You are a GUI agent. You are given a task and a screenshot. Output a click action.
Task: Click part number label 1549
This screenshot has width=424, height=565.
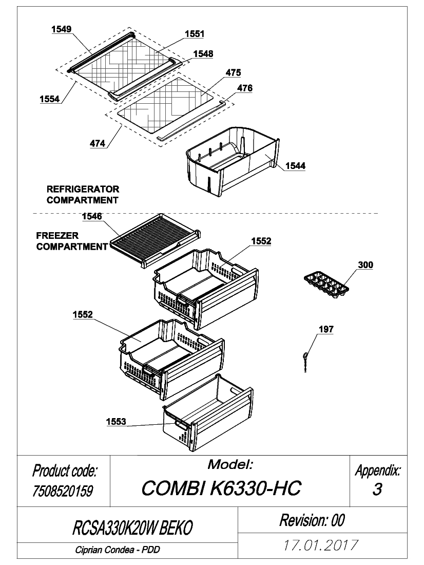pos(61,29)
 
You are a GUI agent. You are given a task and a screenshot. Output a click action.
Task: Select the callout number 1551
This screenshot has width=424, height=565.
pos(195,34)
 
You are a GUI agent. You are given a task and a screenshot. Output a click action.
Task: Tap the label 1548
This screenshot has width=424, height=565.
pos(203,54)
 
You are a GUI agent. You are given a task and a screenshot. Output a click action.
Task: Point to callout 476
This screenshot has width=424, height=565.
pos(245,88)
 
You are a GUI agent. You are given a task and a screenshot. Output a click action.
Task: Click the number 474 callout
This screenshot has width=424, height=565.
pos(97,143)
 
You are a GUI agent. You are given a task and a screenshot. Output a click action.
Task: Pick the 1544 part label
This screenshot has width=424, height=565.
pos(295,166)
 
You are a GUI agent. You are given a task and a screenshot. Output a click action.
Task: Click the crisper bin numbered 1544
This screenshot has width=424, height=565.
pos(233,160)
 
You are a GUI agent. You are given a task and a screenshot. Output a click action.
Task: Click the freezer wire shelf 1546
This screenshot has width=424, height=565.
pos(155,240)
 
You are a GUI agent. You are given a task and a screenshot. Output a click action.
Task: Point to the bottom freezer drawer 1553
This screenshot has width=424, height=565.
pos(208,412)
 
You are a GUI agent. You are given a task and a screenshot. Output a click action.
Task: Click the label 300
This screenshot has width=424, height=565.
pos(365,265)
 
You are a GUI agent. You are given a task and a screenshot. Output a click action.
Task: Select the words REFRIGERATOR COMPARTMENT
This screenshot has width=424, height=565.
pos(83,195)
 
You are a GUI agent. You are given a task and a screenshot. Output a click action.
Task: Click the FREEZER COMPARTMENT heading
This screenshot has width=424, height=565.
pos(72,241)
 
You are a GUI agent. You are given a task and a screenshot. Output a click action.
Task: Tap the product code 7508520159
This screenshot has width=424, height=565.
pos(63,491)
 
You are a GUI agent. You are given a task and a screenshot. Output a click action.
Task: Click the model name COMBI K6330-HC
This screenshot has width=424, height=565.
pos(221,488)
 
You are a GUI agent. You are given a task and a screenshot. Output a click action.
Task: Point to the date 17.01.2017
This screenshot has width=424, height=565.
pos(321,545)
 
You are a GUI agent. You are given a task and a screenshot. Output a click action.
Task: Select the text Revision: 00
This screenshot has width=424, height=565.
pos(312,520)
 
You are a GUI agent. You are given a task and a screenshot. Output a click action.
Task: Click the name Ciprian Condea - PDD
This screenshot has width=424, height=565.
pos(118,550)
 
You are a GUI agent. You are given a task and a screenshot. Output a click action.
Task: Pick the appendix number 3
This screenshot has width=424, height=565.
pos(377,489)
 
